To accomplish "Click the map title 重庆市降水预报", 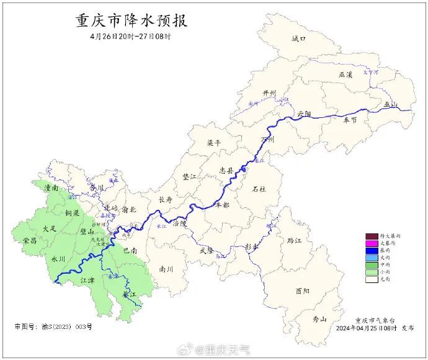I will pos(131,20).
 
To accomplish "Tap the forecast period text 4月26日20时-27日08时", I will pos(130,36).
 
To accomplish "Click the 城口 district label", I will pos(299,39).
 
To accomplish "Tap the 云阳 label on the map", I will pos(304,114).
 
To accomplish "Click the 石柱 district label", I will pos(259,189).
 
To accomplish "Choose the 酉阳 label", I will pos(303,290).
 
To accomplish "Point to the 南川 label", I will pos(166,269).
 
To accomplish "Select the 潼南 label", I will pos(51,187).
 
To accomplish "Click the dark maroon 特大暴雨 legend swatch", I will pos(372,236).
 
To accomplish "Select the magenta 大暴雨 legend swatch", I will pos(372,243).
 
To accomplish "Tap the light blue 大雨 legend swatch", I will pos(372,258).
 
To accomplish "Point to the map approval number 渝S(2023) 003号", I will pos(53,326).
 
